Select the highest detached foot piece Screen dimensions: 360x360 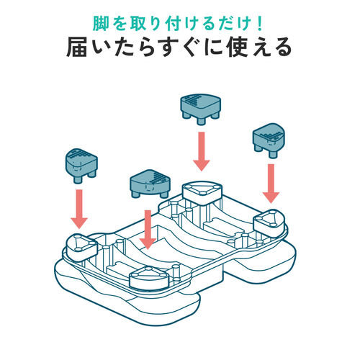[199, 107]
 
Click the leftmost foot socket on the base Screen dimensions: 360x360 [81, 245]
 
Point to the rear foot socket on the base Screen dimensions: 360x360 [201, 192]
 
